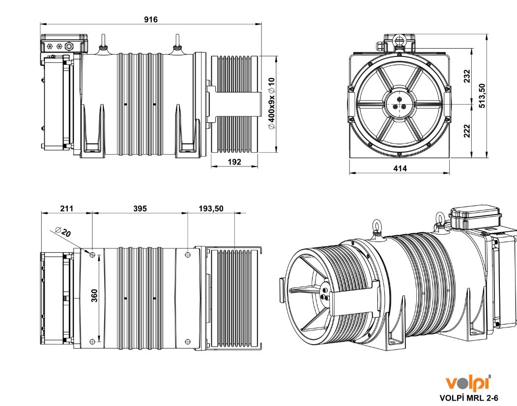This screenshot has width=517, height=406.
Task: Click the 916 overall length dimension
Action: point(150,19)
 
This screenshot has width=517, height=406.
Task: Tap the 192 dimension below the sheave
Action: point(235,162)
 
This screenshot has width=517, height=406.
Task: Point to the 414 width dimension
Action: point(400,168)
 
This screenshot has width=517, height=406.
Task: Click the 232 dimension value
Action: point(467,76)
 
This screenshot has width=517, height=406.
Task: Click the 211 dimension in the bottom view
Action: point(66,209)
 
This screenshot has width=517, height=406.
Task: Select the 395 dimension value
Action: point(140,209)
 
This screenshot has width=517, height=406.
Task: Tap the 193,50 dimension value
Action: point(211,209)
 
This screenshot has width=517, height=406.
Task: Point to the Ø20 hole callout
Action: point(63,232)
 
